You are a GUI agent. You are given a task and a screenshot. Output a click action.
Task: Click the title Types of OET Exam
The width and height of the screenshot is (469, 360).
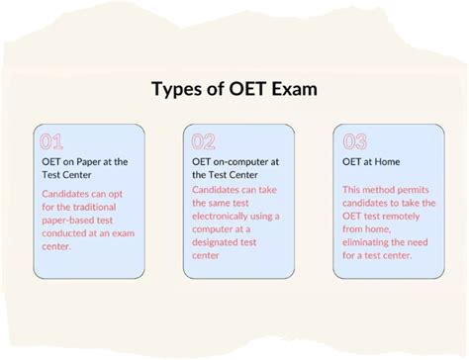point(234,90)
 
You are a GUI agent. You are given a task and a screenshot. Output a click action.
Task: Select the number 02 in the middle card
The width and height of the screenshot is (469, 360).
point(204,141)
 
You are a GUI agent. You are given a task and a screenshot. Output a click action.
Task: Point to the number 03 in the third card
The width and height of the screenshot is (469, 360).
point(353,141)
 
